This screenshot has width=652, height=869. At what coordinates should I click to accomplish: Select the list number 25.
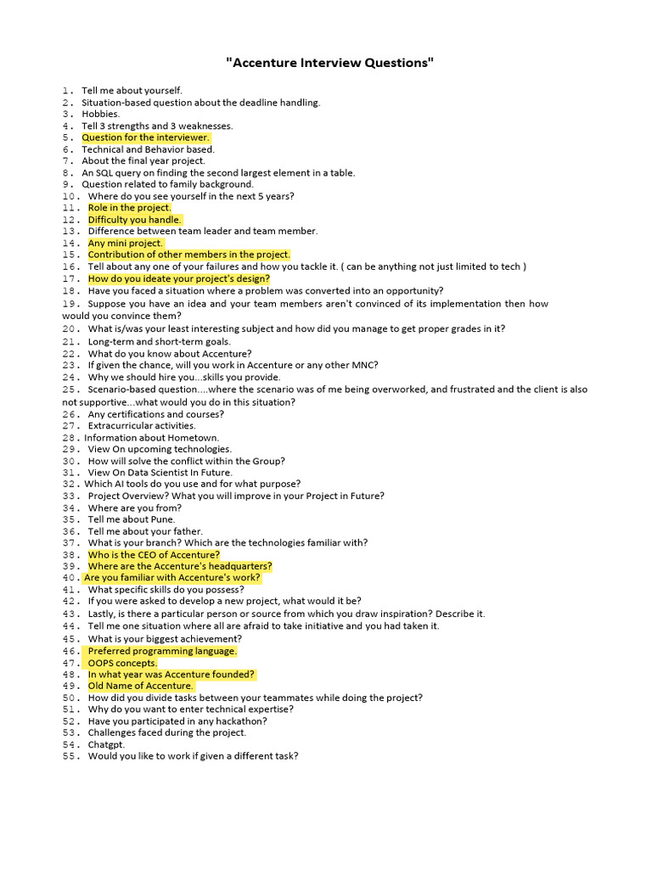click(x=71, y=390)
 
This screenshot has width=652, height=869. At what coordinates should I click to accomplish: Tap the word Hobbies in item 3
click(x=100, y=114)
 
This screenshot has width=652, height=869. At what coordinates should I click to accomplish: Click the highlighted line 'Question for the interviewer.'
click(x=145, y=137)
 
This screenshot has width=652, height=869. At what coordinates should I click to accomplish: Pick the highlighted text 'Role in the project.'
click(x=129, y=208)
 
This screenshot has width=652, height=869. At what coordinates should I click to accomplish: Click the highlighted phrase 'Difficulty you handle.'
click(x=134, y=220)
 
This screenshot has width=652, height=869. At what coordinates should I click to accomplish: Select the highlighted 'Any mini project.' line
click(x=126, y=244)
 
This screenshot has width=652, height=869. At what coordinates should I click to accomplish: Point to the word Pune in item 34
click(x=161, y=519)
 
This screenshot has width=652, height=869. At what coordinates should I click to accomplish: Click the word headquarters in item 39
click(x=241, y=566)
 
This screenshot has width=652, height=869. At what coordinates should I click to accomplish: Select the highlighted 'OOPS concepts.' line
click(x=122, y=663)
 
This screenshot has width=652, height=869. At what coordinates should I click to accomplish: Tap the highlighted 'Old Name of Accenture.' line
click(x=140, y=686)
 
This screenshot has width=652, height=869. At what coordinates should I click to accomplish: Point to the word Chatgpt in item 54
click(x=106, y=745)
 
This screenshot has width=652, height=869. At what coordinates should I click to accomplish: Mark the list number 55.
click(x=71, y=756)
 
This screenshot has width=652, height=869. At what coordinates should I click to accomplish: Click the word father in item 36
click(x=187, y=531)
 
